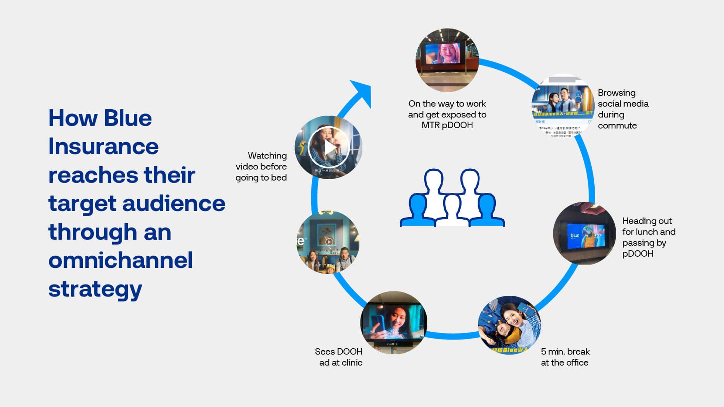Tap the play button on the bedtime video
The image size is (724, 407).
click(329, 147)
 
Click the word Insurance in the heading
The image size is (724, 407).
click(103, 146)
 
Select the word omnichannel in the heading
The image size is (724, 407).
click(120, 260)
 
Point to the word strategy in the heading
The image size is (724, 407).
click(95, 289)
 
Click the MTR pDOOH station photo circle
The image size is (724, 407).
click(447, 60)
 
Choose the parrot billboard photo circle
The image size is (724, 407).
click(584, 233)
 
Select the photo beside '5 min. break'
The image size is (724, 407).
click(509, 325)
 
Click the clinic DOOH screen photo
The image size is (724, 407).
click(394, 323)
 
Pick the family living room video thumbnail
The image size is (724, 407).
click(328, 242)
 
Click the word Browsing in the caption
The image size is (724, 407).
click(617, 93)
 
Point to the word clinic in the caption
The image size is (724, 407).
click(352, 363)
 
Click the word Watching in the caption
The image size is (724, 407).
click(267, 156)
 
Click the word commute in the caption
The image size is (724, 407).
click(617, 126)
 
